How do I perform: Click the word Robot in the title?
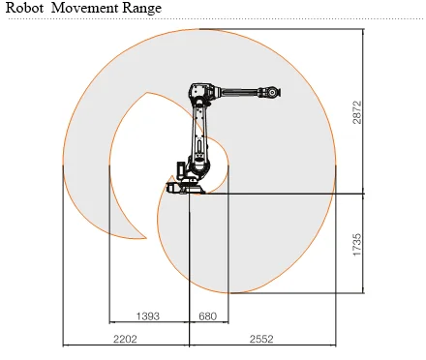click(25, 9)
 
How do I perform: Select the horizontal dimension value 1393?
click(148, 316)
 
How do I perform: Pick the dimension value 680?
click(208, 316)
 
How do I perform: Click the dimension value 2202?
click(125, 340)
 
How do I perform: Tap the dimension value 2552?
click(262, 340)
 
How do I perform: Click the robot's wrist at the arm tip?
click(274, 94)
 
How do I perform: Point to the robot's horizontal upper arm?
click(237, 94)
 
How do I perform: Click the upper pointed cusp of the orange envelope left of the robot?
click(146, 94)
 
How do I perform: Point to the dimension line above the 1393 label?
click(148, 323)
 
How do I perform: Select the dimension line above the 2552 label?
click(262, 345)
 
